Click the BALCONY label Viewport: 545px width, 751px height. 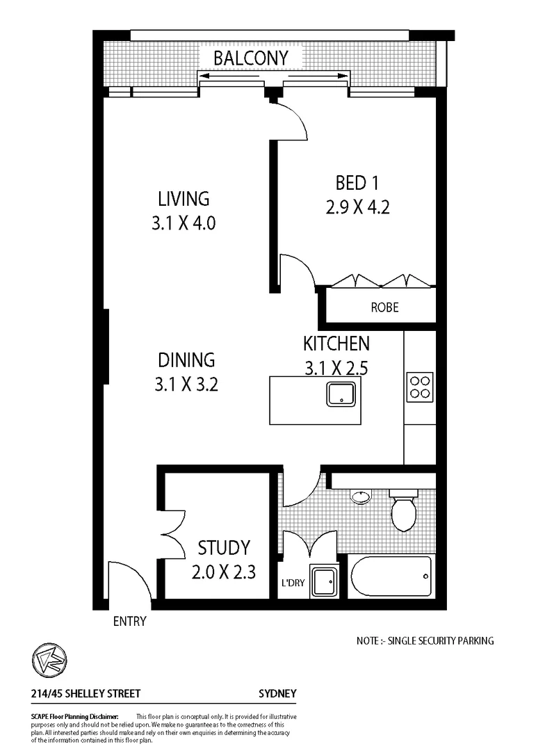(x=250, y=58)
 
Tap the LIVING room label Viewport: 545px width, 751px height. (x=184, y=198)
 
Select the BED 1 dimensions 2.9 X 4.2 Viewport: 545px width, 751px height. (x=357, y=207)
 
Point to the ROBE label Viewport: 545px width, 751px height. (x=384, y=307)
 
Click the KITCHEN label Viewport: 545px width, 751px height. (x=336, y=344)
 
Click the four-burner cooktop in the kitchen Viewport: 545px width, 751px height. (x=420, y=386)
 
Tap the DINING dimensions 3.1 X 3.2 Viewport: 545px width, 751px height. (x=186, y=384)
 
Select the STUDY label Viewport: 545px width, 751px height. (x=223, y=548)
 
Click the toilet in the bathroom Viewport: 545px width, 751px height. (x=403, y=511)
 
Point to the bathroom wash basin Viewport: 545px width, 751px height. (x=360, y=497)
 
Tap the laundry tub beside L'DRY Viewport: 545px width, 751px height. (x=323, y=581)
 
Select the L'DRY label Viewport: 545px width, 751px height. (x=293, y=583)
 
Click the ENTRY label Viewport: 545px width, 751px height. (x=130, y=621)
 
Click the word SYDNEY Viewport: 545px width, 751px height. (x=277, y=693)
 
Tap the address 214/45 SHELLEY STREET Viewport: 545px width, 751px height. (x=86, y=693)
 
